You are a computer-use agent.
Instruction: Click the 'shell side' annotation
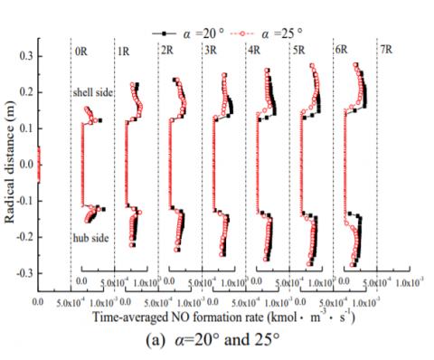pos(92,94)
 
